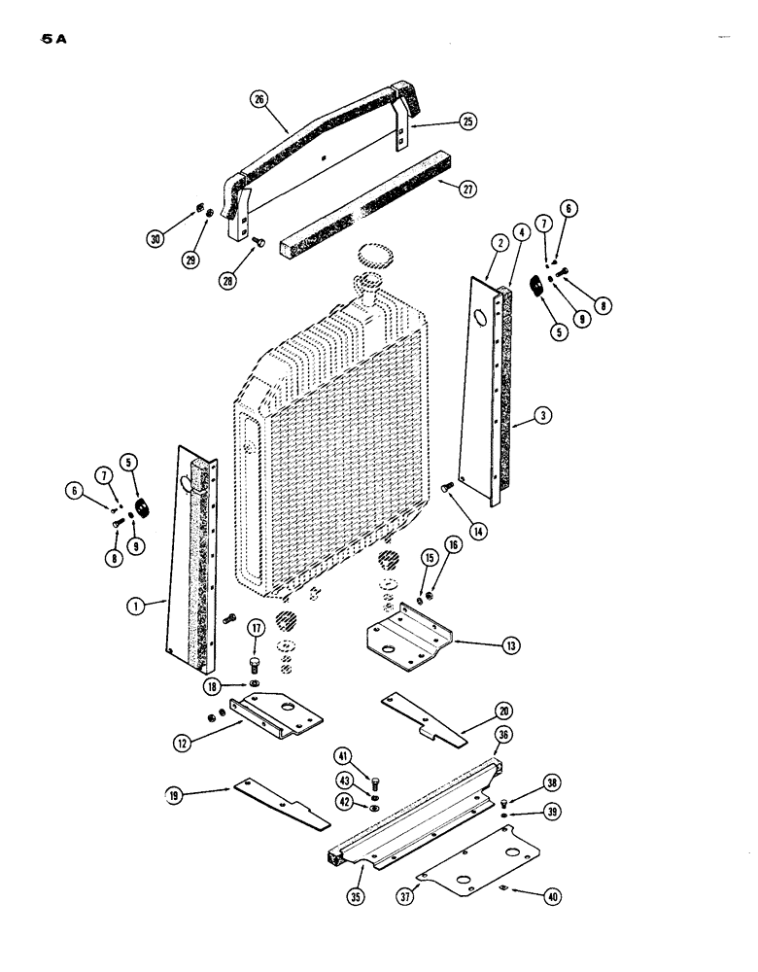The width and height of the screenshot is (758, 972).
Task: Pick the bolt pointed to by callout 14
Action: click(x=448, y=488)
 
